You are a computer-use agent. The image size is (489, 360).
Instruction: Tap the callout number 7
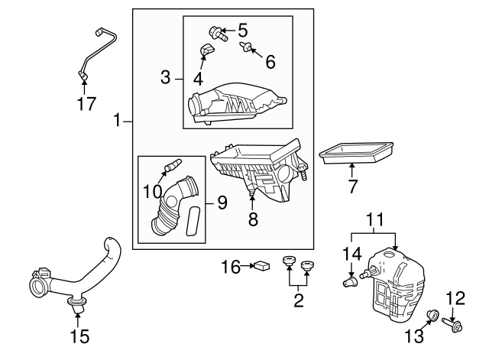tap(352, 186)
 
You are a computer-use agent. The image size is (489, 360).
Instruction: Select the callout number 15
tap(79, 335)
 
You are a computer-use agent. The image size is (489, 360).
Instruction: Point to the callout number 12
tap(455, 297)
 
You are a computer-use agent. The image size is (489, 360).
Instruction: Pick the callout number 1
tap(117, 120)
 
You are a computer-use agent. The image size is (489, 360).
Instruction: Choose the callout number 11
tap(374, 222)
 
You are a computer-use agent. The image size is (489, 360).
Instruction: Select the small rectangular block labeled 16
tap(261, 267)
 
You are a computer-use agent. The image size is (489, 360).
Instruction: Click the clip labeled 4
tap(205, 51)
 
